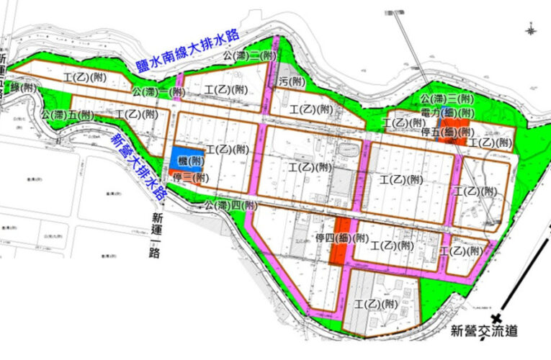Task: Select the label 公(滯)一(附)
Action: [x=158, y=92]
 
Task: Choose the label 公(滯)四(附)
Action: [x=230, y=205]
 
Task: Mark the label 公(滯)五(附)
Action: [x=68, y=114]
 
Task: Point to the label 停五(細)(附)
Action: [x=447, y=132]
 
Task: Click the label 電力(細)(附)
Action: [x=447, y=113]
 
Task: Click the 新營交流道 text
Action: [x=484, y=332]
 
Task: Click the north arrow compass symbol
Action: [x=532, y=30]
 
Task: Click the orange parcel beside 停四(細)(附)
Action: [x=336, y=245]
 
